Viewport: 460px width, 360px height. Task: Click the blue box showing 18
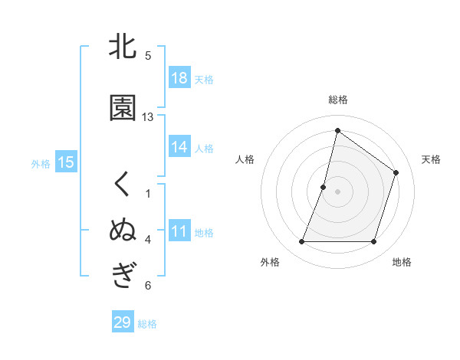pos(179,78)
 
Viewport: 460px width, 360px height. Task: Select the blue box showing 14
pos(179,147)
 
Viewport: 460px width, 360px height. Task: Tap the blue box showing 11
pos(179,231)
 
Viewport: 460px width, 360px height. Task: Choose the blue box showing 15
pos(65,162)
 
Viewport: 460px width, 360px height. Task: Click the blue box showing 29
pos(123,322)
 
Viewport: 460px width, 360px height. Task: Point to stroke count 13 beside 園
pos(148,117)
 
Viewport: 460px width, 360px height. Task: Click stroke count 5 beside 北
pos(148,56)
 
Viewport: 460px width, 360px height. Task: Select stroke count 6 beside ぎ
pos(148,286)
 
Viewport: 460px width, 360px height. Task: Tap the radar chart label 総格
pos(338,100)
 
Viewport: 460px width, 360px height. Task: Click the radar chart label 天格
pos(431,159)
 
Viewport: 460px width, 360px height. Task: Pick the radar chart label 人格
pos(245,159)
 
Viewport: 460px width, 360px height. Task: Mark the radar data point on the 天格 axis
pos(396,172)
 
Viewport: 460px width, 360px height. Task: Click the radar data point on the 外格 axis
pos(301,242)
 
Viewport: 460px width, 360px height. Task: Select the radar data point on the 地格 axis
pos(374,242)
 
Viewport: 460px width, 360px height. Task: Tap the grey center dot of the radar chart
pos(338,191)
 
